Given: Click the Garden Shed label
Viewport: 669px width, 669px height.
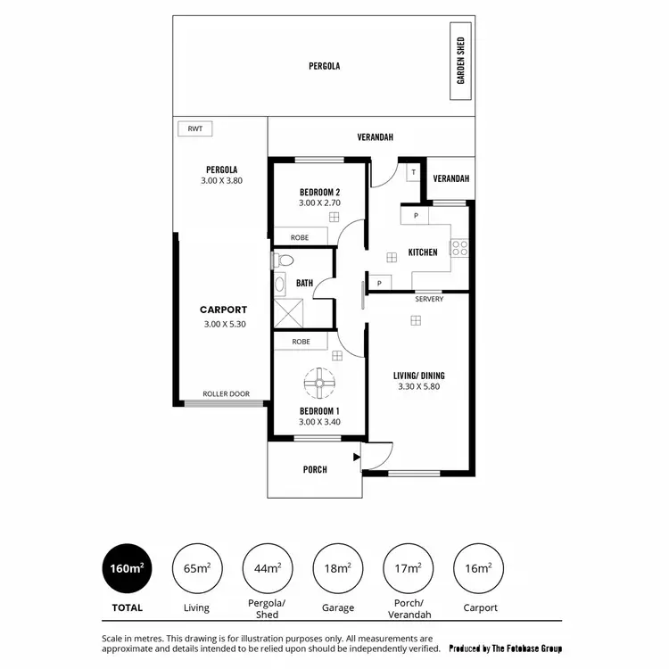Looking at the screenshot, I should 461,61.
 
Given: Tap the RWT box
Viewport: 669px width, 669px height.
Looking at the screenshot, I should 194,129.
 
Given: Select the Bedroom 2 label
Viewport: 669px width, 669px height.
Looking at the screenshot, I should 319,192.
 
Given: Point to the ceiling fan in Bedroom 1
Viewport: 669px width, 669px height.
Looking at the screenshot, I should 318,384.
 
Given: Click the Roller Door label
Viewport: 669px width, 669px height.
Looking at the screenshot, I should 226,393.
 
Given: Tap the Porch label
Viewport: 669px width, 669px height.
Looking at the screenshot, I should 315,469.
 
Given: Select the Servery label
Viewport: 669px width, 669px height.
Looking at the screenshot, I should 429,299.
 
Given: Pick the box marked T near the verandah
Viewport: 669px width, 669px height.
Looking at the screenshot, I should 414,173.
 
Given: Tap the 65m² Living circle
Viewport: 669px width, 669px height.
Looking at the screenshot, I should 196,567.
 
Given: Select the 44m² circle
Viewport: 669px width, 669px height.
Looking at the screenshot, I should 268,567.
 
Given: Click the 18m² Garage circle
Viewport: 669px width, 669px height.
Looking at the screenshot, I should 338,567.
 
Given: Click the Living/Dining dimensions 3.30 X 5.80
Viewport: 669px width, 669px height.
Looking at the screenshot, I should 418,387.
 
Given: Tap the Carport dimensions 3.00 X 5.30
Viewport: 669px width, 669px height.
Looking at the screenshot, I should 224,325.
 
